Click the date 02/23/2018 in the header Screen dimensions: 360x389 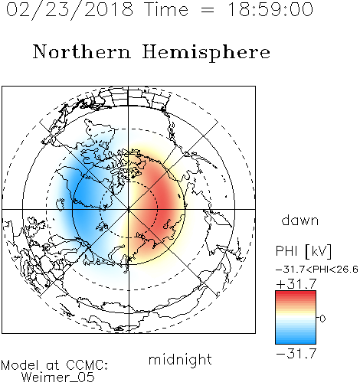coord(70,10)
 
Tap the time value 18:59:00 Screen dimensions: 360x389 coord(270,9)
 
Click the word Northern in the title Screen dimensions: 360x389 coord(82,51)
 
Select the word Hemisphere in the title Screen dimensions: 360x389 coord(206,53)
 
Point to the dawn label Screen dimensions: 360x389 coord(300,220)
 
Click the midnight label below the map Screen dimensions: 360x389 coord(180,360)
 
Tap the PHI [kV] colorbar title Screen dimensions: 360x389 coord(303,251)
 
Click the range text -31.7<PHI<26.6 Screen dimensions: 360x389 coord(317,270)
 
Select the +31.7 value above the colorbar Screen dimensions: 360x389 coord(296,284)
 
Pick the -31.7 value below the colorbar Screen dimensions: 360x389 coord(296,354)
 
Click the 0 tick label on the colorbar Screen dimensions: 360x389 coord(322,319)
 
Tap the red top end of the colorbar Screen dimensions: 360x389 coord(296,293)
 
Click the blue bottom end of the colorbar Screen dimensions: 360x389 coord(296,341)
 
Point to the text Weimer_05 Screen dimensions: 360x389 coord(58,378)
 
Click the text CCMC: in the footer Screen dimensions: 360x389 coord(87,365)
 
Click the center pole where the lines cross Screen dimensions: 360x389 coord(129,209)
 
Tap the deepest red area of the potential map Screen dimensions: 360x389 coord(166,201)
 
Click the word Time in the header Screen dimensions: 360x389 coord(166,9)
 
